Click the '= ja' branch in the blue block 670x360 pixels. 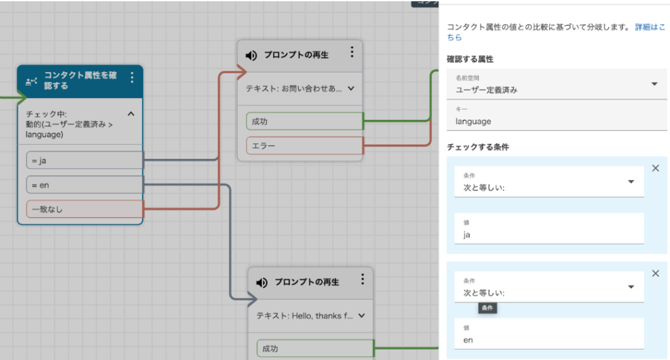point(84,160)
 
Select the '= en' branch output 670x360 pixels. point(84,185)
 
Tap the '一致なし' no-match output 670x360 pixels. point(84,209)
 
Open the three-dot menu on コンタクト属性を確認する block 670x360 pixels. point(132,78)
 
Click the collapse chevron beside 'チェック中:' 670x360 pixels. point(130,114)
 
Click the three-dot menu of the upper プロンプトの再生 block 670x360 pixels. point(352,52)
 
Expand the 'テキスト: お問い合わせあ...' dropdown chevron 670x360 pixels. point(351,88)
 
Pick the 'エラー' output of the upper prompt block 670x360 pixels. point(304,145)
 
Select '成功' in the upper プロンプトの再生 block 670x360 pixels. point(304,121)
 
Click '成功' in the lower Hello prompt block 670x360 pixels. point(314,348)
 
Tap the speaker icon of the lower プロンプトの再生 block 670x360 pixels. point(262,282)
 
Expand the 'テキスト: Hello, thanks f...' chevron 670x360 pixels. point(361,315)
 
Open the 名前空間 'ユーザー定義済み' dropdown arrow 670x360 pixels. point(654,84)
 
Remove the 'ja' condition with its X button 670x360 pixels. point(656,168)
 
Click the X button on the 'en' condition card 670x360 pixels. point(656,274)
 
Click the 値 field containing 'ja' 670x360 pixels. point(548,234)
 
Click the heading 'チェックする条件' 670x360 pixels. point(478,147)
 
